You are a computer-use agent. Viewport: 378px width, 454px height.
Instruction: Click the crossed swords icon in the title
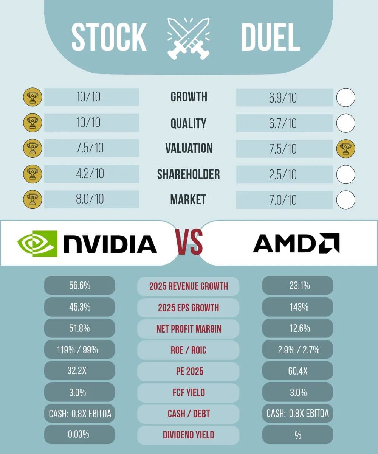pos(188,38)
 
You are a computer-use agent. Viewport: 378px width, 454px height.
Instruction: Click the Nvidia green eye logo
pos(37,243)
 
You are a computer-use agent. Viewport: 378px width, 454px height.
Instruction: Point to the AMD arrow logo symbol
pos(329,243)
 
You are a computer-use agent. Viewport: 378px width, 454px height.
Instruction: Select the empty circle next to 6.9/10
pos(345,98)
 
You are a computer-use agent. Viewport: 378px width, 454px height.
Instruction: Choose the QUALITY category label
pos(188,123)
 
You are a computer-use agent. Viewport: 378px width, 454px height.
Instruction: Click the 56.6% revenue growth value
pos(79,286)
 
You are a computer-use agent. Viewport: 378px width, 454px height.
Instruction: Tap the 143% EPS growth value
pos(297,307)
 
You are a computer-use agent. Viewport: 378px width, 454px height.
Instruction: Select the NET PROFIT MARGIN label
pos(188,329)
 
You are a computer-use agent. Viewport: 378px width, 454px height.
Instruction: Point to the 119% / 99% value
pos(79,350)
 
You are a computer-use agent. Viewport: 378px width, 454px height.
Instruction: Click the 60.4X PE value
pos(297,371)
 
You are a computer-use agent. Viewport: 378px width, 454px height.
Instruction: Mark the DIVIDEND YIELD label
pos(188,435)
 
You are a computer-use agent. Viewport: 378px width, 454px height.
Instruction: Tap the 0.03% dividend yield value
pos(79,434)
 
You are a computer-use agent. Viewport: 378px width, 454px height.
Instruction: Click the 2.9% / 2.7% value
pos(297,350)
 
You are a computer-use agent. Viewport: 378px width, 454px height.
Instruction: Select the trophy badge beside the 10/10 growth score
pos(33,97)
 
